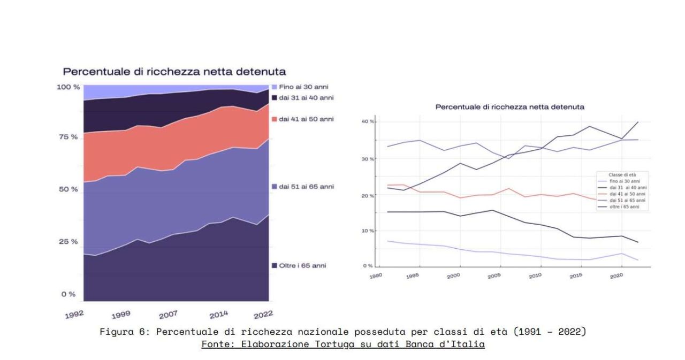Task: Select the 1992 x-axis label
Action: [74, 314]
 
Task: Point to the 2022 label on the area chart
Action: [263, 313]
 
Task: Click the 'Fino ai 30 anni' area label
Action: [303, 87]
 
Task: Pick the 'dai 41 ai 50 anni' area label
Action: [306, 119]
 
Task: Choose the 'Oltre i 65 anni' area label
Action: [303, 265]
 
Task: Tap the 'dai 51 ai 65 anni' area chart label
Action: [306, 187]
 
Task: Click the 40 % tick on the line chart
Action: [368, 122]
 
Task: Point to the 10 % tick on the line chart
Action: [368, 231]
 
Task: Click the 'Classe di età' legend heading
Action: [622, 175]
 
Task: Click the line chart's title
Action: [509, 107]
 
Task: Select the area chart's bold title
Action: [174, 72]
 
